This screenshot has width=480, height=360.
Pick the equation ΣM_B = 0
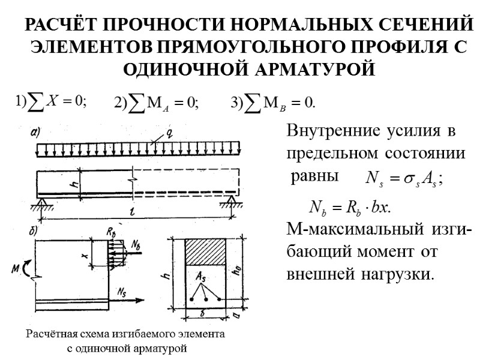pos(273,103)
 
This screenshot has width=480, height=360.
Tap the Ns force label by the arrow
pos(122,292)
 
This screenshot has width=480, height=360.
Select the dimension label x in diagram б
pos(86,256)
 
